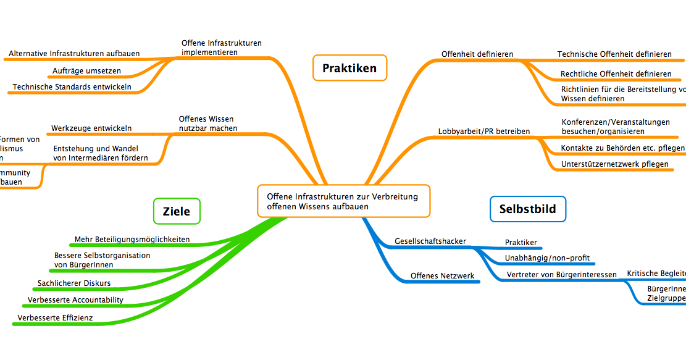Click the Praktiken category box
tap(349, 68)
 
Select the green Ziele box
tap(177, 212)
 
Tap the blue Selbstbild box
tap(527, 209)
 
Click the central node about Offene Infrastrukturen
tap(343, 201)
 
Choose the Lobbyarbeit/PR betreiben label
tap(483, 131)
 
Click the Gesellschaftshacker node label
tap(430, 241)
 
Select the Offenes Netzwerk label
tap(442, 275)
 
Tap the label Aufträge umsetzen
tap(86, 70)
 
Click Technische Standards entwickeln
tap(72, 87)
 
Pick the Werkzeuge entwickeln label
tap(91, 128)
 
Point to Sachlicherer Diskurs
tap(74, 283)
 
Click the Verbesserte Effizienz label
tap(56, 317)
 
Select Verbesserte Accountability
tap(75, 300)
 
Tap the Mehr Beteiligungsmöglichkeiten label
tap(132, 239)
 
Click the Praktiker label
tap(521, 242)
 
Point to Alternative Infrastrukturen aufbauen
tap(74, 54)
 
